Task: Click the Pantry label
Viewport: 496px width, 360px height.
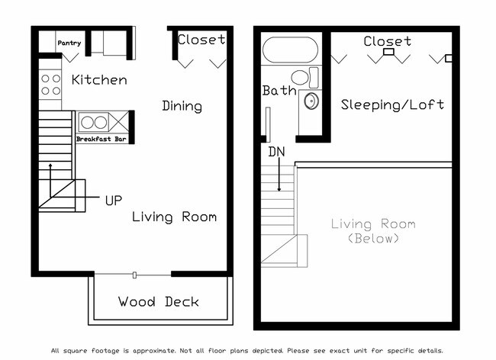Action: (x=69, y=44)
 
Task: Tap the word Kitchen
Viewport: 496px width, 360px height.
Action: (x=99, y=80)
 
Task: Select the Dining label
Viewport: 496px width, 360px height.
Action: (x=182, y=106)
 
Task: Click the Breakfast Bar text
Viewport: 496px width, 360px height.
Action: (x=101, y=140)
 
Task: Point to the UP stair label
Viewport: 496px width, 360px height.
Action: (x=114, y=201)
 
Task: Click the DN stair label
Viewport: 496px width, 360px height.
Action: (x=277, y=152)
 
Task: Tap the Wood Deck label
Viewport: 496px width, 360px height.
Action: (x=159, y=302)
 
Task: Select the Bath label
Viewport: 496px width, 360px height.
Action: (x=279, y=91)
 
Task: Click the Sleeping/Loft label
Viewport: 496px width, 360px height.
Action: (x=392, y=104)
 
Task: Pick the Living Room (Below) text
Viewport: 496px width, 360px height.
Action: (x=373, y=230)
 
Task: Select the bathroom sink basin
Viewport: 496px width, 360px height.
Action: (x=311, y=101)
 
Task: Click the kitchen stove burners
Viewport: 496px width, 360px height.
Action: (x=50, y=85)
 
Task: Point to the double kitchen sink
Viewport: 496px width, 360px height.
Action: (x=93, y=122)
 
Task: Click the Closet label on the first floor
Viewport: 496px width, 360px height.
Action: (x=201, y=40)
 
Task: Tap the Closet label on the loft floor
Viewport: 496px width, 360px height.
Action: (x=387, y=41)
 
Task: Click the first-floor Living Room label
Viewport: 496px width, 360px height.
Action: (x=174, y=217)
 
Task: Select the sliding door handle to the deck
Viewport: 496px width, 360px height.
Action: (x=134, y=275)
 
